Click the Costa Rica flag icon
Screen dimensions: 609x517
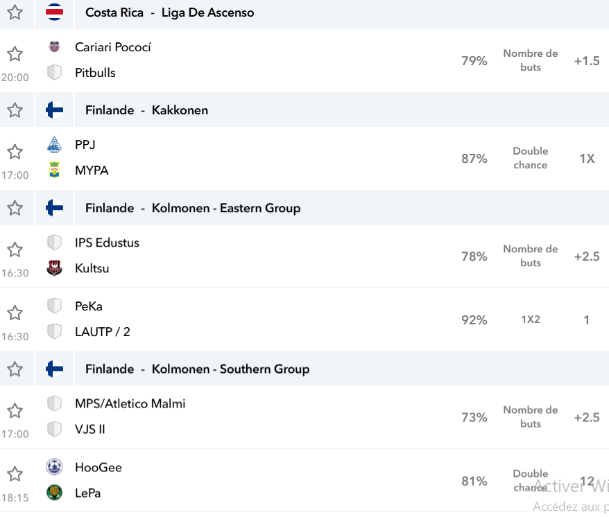pos(54,12)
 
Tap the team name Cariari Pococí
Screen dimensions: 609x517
pos(112,47)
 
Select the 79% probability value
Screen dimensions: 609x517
pos(474,60)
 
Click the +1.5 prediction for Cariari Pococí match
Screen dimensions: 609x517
pos(587,60)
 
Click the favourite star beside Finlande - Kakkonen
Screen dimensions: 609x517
pos(15,110)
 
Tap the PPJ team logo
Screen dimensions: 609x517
pos(54,144)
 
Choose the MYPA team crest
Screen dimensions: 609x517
pos(54,170)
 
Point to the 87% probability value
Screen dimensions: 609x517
pos(474,159)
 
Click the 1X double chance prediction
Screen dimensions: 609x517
pos(587,159)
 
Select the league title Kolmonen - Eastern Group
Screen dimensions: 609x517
pos(226,208)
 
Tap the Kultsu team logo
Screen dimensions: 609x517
pos(54,268)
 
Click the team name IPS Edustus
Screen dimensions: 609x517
pos(108,243)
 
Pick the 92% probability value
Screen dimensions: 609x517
pos(474,319)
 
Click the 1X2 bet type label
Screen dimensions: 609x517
pos(531,319)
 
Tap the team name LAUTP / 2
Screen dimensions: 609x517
pos(103,332)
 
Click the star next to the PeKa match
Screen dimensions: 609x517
pos(15,313)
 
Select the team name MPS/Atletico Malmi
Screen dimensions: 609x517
pos(130,403)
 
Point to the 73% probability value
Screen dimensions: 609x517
pos(474,417)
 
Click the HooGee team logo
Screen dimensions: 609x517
pos(54,466)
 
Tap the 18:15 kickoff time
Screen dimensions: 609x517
pos(15,498)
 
